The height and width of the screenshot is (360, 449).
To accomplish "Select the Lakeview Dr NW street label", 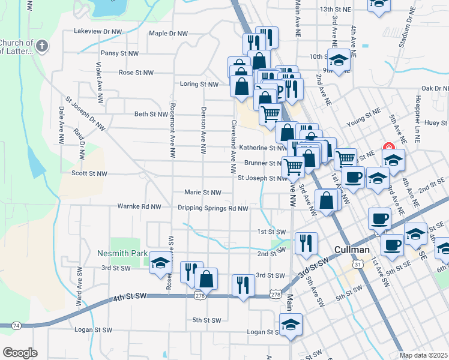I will [98, 31].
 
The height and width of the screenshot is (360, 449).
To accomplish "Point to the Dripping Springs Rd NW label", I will [212, 208].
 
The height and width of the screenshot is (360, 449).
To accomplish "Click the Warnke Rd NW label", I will [139, 206].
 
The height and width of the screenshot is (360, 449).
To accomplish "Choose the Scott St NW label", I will [89, 173].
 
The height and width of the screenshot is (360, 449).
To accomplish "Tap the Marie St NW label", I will [203, 193].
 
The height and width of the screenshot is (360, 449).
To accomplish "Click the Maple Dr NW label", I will [168, 34].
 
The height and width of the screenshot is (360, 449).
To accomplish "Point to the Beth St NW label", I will [151, 114].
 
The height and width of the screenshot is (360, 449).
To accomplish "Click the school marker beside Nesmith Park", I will [160, 262].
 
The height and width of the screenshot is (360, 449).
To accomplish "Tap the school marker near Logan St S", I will [291, 325].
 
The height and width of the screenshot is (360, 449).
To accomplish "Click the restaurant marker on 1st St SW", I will [306, 242].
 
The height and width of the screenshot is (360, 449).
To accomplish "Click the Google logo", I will [20, 353].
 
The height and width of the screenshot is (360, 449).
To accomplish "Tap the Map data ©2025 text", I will [423, 355].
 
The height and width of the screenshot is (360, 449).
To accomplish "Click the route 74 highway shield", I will [16, 325].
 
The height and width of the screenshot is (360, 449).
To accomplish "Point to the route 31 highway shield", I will [358, 264].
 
